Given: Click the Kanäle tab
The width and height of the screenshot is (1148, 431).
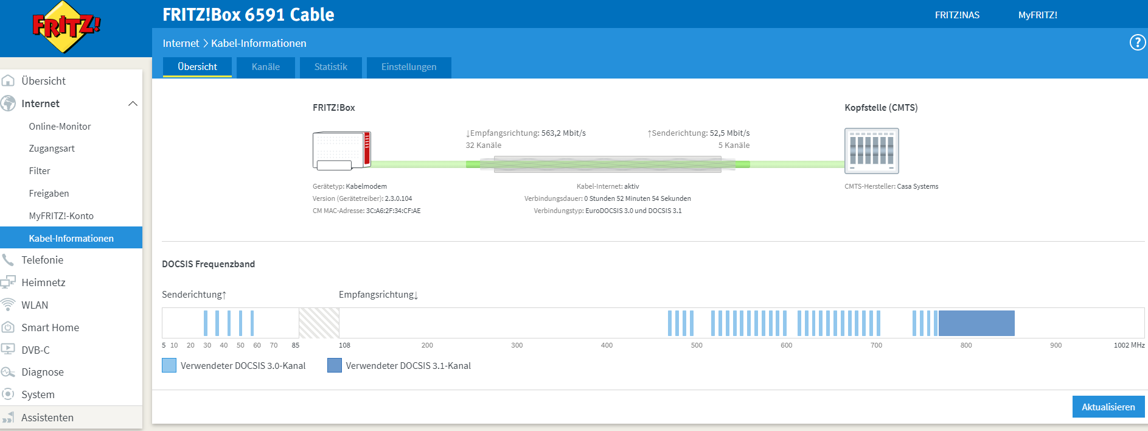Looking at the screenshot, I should (x=266, y=67).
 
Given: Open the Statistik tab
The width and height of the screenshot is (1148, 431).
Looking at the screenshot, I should (x=331, y=67).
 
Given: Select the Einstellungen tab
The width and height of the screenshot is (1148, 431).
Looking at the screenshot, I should (x=409, y=67).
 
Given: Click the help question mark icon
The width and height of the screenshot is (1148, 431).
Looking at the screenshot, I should (x=1137, y=43).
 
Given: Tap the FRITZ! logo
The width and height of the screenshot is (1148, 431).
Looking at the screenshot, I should (x=66, y=27).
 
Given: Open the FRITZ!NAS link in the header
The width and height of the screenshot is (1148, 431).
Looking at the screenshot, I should (x=957, y=15).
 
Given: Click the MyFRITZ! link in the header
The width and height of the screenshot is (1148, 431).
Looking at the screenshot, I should (x=1037, y=15).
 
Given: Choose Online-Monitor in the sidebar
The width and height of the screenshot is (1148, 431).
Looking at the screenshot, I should (x=60, y=127).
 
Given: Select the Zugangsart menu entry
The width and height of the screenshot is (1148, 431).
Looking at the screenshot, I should (x=52, y=149).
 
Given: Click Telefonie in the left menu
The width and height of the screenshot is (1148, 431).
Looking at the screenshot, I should (x=42, y=260).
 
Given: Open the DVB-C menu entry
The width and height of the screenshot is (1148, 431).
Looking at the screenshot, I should (x=35, y=350).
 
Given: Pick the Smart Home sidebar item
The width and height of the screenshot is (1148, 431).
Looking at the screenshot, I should (x=50, y=328).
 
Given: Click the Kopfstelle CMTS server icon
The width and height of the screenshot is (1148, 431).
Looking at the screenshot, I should (x=871, y=151).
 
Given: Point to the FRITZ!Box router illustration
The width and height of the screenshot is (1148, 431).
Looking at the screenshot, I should (x=341, y=150).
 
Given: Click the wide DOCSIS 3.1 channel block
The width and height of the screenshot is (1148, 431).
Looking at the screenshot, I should (x=976, y=323).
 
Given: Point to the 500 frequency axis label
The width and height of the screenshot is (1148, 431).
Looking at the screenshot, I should (x=697, y=345).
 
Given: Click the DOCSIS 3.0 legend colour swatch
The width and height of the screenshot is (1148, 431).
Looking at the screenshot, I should (x=169, y=365).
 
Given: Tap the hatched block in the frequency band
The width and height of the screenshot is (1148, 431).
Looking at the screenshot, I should (x=319, y=323).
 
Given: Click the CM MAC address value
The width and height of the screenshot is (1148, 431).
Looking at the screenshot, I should (x=393, y=211).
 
